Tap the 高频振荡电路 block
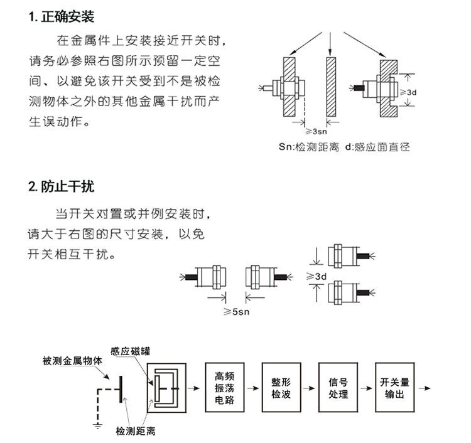(x=224, y=387)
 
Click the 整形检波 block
(x=281, y=387)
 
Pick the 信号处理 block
(x=338, y=387)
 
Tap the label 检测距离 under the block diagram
(x=136, y=431)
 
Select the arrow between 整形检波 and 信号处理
(x=309, y=387)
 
